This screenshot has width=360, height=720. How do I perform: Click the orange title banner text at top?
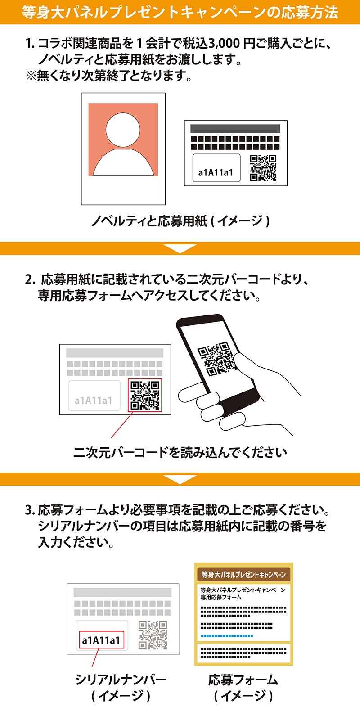tap(180, 12)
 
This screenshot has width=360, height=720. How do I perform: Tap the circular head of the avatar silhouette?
tap(123, 130)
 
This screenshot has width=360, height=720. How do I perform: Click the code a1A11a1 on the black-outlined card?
tap(216, 172)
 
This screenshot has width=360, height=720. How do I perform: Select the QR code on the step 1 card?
tap(263, 168)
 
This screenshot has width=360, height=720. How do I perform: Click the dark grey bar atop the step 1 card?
tap(235, 128)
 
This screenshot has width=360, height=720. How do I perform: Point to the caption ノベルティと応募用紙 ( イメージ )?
tap(180, 221)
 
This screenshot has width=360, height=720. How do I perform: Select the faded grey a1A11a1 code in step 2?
tap(94, 400)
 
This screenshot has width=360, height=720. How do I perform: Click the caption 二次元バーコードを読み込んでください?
tap(180, 452)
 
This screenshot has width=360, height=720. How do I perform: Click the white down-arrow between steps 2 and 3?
tap(180, 480)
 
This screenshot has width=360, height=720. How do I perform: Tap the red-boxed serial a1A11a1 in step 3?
tap(101, 639)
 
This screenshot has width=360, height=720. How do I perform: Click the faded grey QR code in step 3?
tap(153, 635)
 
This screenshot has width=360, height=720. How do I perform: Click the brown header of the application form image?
tap(243, 575)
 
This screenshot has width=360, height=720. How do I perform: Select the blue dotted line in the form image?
tap(227, 636)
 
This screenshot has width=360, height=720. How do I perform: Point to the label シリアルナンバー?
tap(121, 679)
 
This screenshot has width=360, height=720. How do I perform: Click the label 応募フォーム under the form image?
tap(243, 679)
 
